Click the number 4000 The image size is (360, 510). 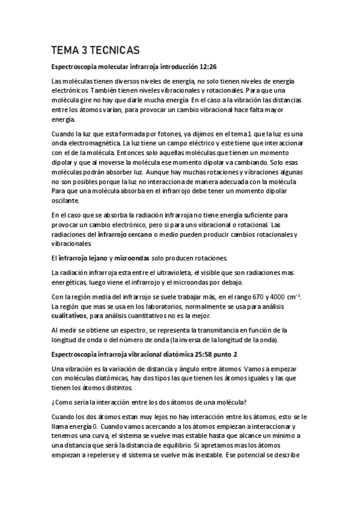coord(260,297)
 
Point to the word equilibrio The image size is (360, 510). coord(177,445)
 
